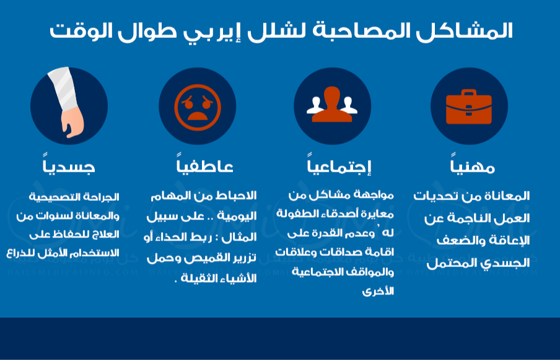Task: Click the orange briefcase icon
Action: click(x=468, y=107)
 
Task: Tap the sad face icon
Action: click(x=198, y=107)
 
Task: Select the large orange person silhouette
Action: click(x=332, y=104)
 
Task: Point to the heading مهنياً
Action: click(x=472, y=164)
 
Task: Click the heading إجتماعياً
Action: click(x=339, y=165)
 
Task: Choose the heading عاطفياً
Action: click(x=204, y=165)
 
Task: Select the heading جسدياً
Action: click(x=69, y=165)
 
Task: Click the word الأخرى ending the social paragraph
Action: click(x=378, y=291)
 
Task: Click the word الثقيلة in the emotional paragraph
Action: click(x=197, y=278)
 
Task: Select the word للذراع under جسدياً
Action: click(x=19, y=253)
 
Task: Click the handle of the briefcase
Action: click(x=468, y=93)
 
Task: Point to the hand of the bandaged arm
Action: click(x=72, y=123)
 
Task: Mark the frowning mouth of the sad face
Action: click(x=197, y=116)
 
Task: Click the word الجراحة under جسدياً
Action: click(x=105, y=197)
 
